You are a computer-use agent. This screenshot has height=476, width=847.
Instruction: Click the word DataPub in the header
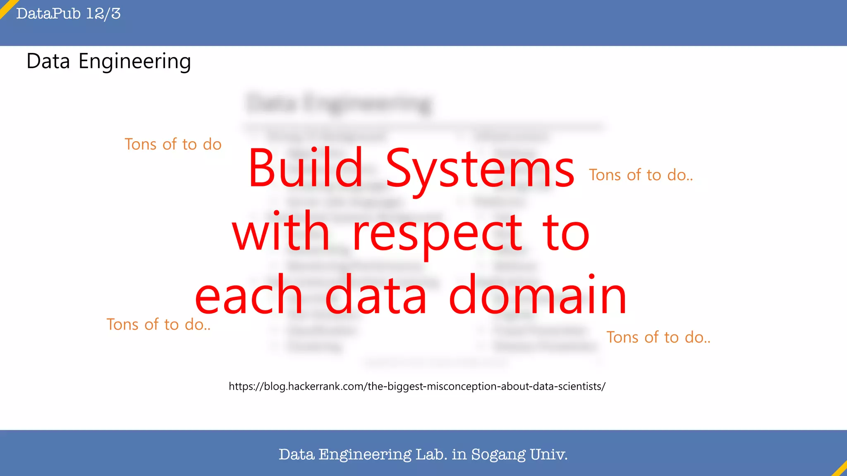tap(48, 14)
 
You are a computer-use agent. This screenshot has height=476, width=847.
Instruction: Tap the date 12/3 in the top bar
tap(103, 14)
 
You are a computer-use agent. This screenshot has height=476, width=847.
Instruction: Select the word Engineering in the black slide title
tap(135, 62)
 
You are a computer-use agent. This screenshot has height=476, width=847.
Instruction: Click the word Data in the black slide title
tap(48, 61)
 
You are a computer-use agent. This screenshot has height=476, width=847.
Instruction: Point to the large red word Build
tap(305, 168)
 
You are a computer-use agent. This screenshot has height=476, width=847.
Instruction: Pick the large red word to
tap(566, 232)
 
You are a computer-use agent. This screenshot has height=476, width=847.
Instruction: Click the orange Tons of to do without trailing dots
tap(173, 144)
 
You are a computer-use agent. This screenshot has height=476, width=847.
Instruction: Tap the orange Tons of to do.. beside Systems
tap(641, 175)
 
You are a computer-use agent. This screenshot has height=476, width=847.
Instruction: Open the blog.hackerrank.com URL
tap(417, 386)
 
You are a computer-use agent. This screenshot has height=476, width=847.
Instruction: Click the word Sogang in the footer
tap(498, 455)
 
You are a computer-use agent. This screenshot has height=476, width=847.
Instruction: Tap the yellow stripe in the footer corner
tap(840, 469)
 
